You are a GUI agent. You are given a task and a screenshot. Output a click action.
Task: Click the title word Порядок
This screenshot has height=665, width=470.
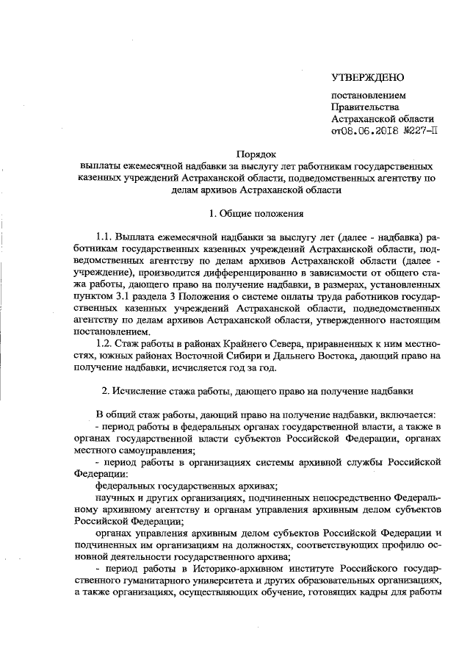256,154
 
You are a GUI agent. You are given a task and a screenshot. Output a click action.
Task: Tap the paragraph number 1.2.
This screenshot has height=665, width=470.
105,343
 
